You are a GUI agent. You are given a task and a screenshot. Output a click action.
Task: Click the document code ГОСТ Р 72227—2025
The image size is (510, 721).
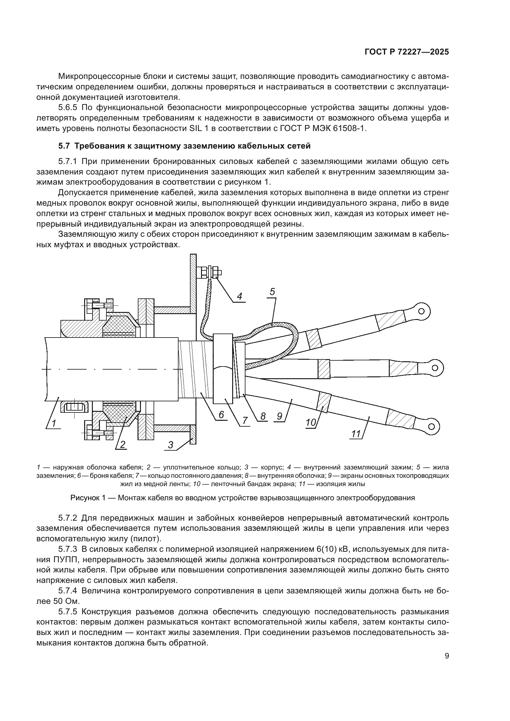[407, 52]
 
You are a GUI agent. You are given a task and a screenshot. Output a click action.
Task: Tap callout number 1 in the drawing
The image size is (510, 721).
[54, 424]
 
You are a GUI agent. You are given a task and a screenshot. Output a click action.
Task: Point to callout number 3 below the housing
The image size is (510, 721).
[171, 445]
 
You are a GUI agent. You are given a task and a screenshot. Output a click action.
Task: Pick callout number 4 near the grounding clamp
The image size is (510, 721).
[239, 296]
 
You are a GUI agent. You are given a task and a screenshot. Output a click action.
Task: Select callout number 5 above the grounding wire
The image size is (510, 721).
[272, 292]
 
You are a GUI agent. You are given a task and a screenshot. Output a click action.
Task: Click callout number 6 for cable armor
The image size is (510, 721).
[221, 415]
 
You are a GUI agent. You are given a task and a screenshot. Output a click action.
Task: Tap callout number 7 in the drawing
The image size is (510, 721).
[245, 420]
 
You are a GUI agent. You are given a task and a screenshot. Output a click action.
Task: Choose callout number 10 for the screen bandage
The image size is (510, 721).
[311, 422]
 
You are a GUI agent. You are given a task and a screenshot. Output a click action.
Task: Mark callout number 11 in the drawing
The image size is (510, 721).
[356, 434]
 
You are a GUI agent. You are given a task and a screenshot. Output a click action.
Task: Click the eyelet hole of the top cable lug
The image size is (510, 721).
[422, 311]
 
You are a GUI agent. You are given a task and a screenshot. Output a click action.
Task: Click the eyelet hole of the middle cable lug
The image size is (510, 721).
[435, 367]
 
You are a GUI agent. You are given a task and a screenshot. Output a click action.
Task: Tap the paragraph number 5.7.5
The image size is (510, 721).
[68, 612]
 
